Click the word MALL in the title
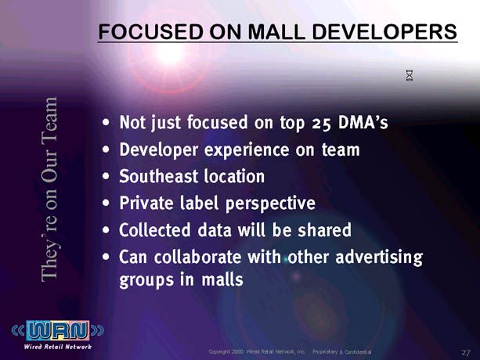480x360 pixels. tap(276, 32)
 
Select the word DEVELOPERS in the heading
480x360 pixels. tap(384, 32)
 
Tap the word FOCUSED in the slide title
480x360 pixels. tap(150, 32)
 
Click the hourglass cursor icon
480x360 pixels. tap(410, 75)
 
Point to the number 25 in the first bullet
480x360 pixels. tap(322, 124)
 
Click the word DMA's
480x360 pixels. tap(363, 122)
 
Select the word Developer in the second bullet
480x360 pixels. tap(159, 150)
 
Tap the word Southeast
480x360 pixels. tap(159, 177)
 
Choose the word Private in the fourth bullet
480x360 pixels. tap(146, 203)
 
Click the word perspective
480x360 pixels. tap(270, 204)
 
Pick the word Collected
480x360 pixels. tap(154, 230)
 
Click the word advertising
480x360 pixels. tap(379, 257)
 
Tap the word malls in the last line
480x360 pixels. tap(222, 279)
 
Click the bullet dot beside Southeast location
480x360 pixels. tap(106, 177)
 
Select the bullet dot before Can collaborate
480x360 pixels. tap(106, 257)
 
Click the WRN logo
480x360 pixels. tap(58, 330)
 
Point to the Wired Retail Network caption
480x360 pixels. tap(58, 347)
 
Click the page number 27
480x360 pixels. tap(466, 353)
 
